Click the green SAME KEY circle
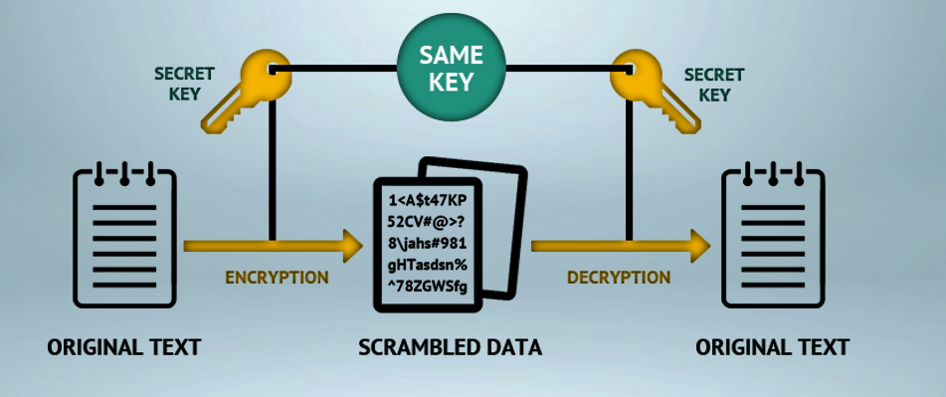tap(451, 67)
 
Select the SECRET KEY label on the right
tap(715, 85)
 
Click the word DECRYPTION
tap(618, 277)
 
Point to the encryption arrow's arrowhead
tap(351, 244)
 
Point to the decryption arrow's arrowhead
tap(700, 244)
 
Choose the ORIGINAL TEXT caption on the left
tap(124, 347)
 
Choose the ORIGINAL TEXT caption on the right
tap(773, 347)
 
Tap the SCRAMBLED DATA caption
tap(451, 347)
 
